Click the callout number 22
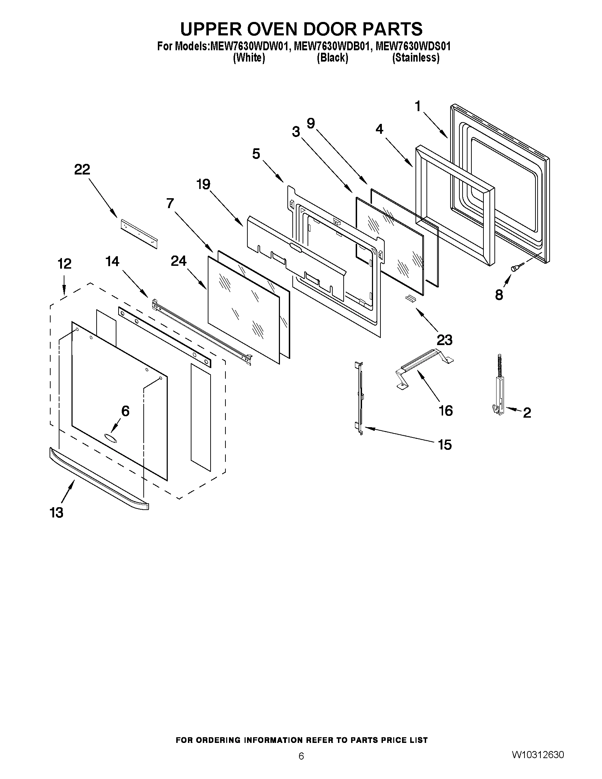tap(82, 170)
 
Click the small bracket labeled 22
tap(138, 233)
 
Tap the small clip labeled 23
tap(409, 298)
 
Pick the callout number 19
tap(203, 185)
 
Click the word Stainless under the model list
tap(415, 58)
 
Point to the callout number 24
tap(179, 261)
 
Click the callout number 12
tap(64, 264)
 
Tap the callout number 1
tap(418, 106)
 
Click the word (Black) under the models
tap(332, 58)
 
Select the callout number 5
tap(256, 154)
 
